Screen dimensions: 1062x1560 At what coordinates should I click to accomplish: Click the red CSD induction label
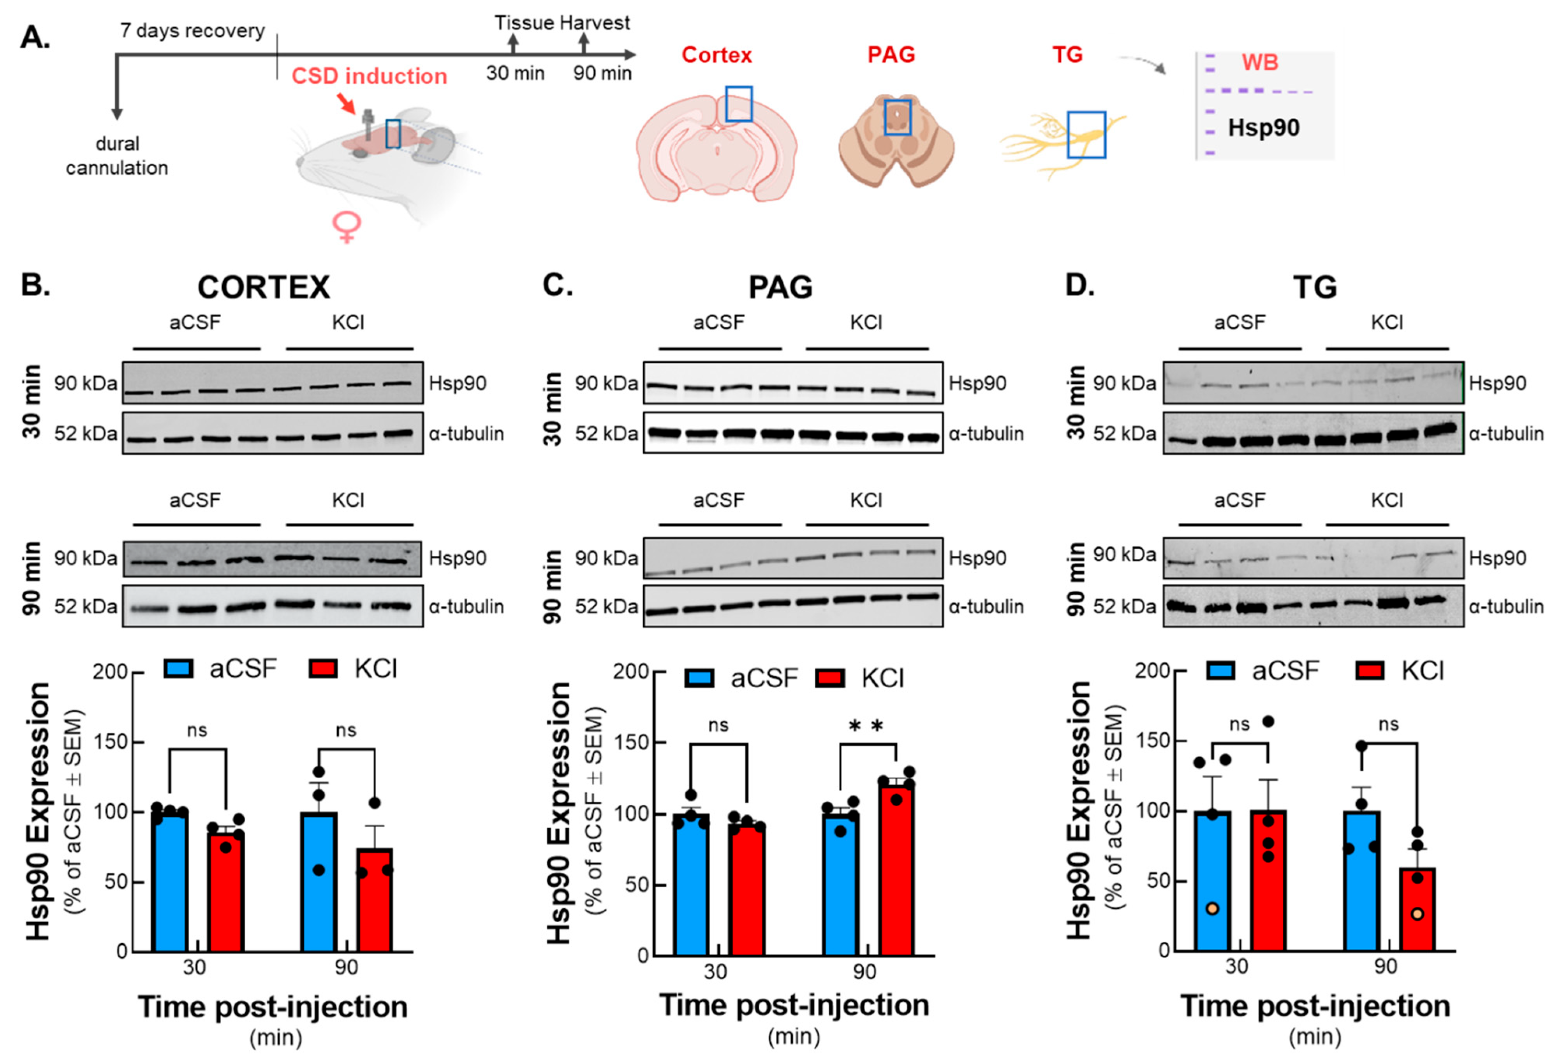click(369, 76)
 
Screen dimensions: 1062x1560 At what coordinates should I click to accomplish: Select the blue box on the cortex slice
click(738, 104)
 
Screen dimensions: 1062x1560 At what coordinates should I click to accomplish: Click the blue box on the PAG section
click(898, 118)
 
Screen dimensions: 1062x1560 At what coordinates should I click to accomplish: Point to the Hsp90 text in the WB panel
click(1263, 128)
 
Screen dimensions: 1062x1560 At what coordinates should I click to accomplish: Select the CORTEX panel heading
click(263, 287)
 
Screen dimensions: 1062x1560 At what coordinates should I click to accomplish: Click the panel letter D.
click(1079, 285)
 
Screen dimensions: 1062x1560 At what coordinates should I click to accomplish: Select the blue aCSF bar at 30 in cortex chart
click(169, 882)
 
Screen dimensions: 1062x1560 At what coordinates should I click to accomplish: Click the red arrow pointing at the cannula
click(346, 103)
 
